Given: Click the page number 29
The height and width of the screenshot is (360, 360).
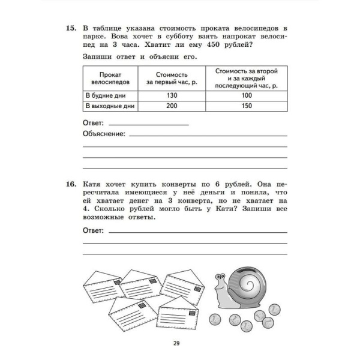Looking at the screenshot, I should click(176, 343).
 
